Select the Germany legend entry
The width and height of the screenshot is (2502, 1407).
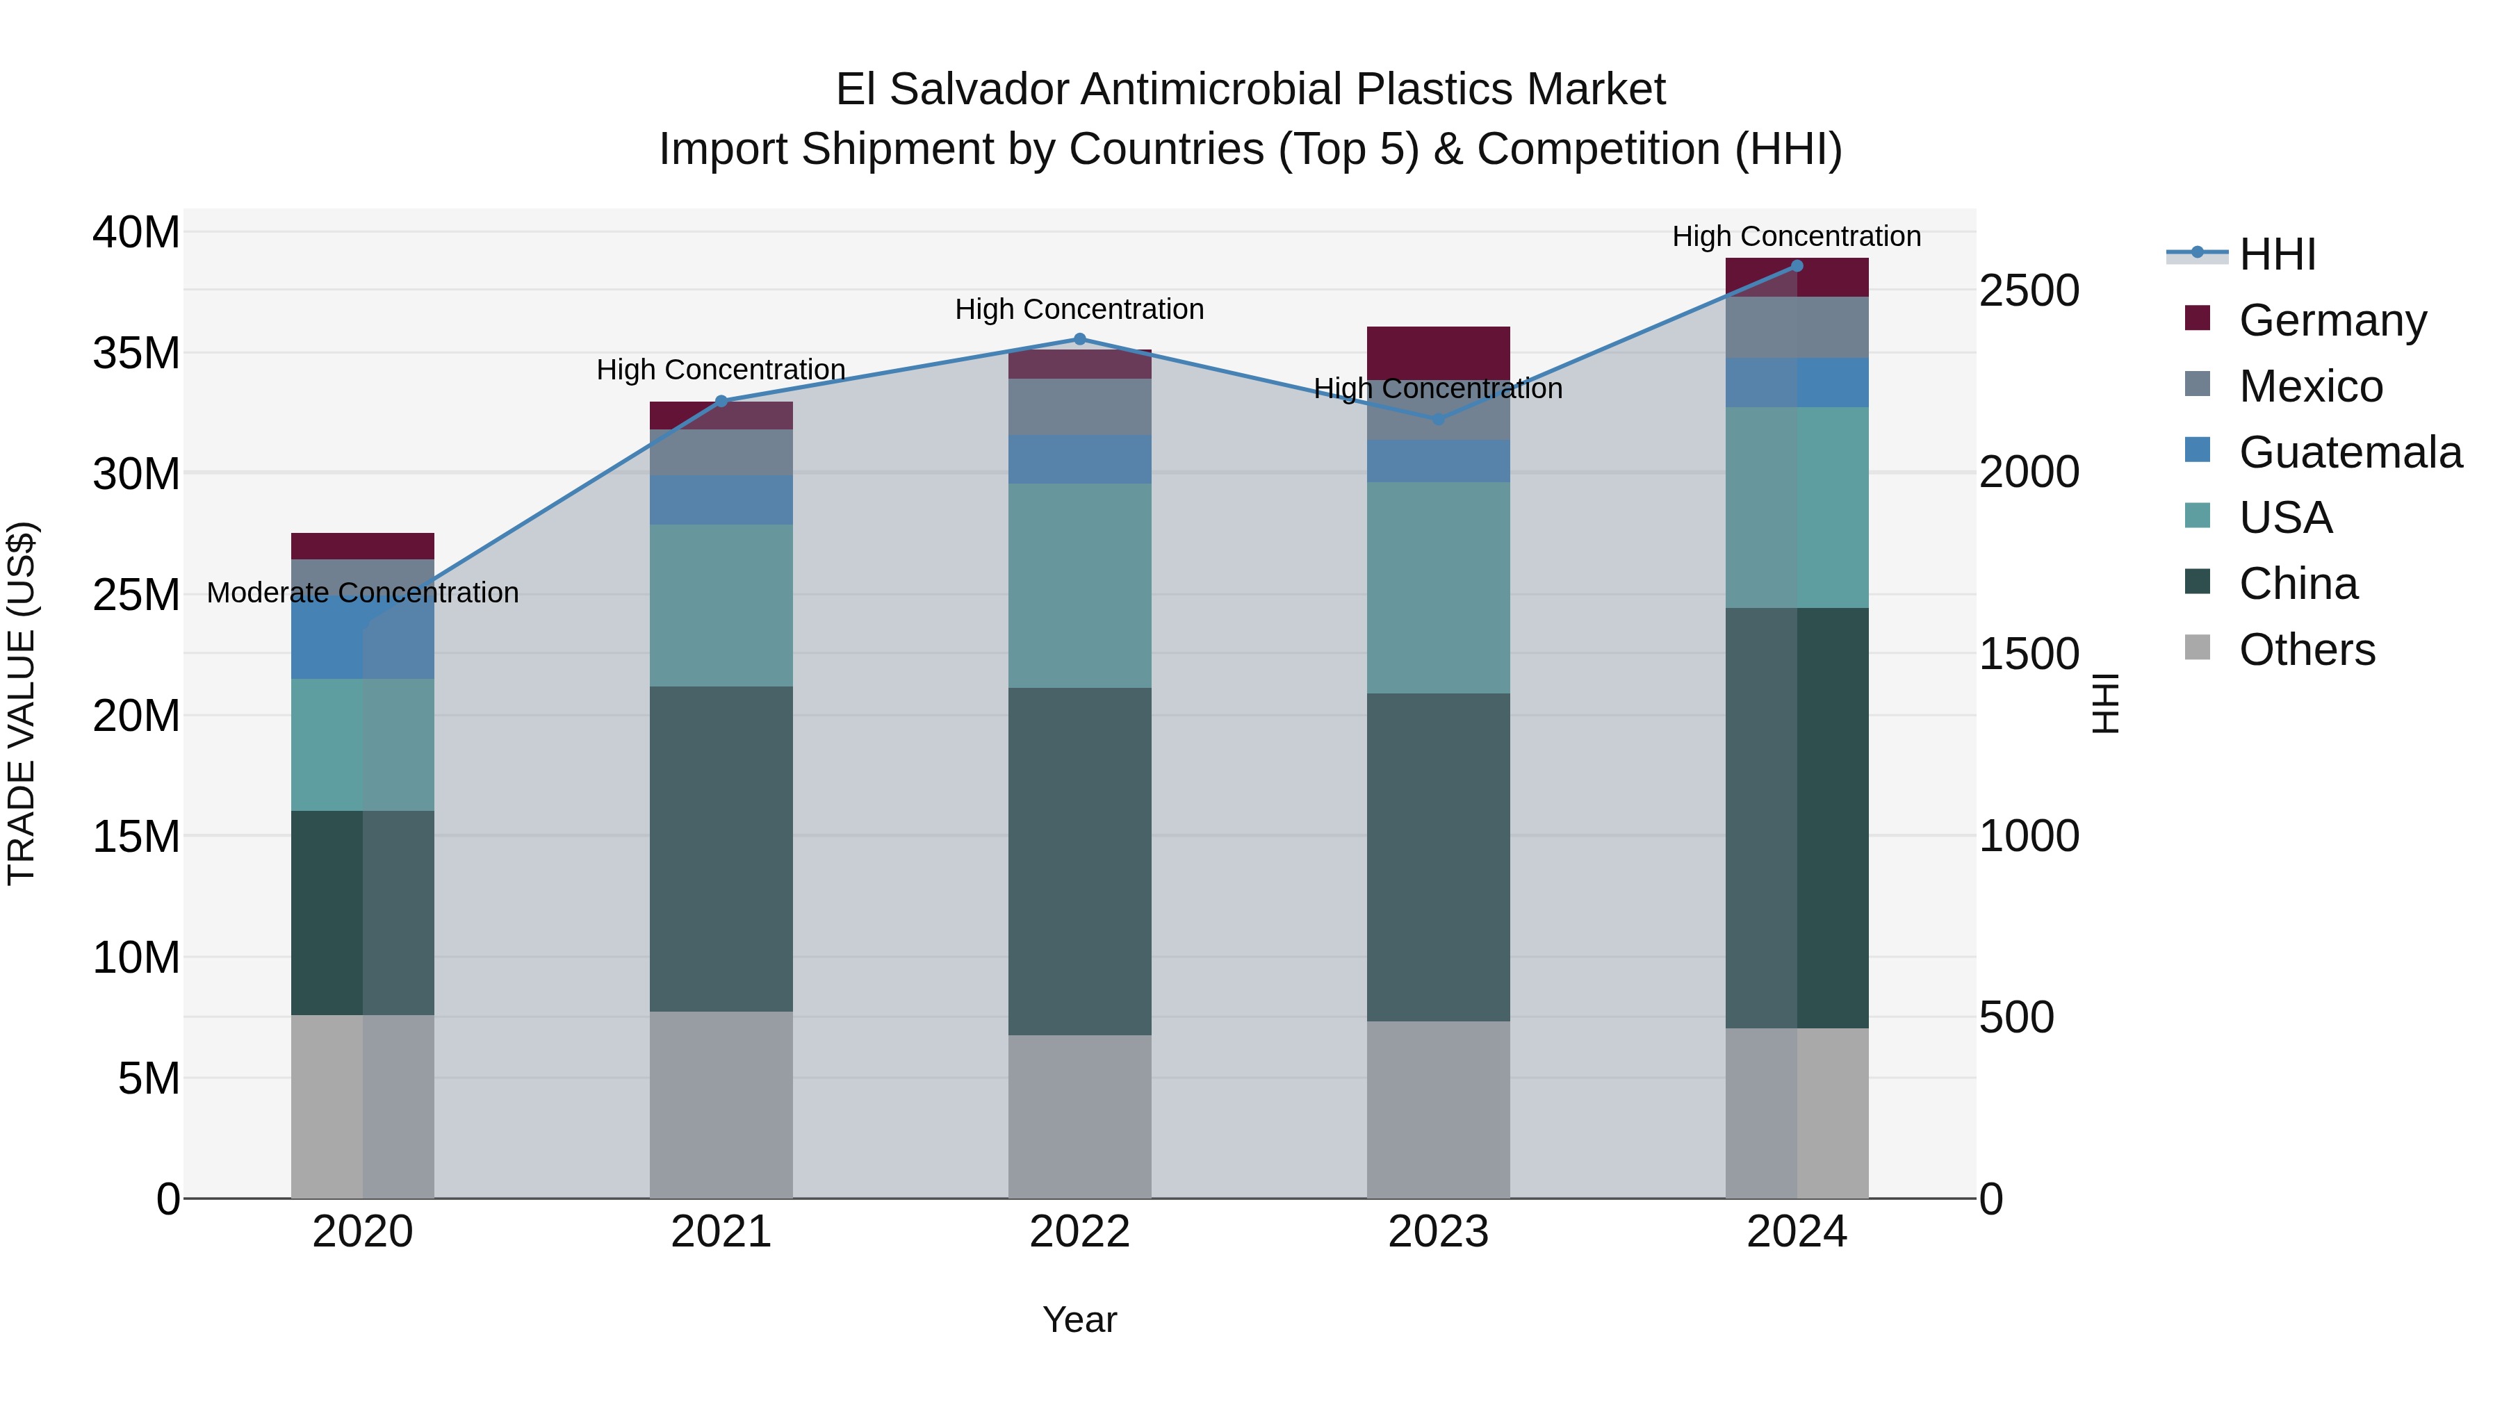click(x=2332, y=320)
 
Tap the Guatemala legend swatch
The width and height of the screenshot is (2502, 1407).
click(x=2197, y=450)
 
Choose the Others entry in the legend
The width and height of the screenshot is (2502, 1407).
click(x=2307, y=649)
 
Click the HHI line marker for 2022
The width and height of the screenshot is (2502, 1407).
click(x=1079, y=339)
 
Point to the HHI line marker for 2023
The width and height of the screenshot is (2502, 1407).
click(x=1439, y=418)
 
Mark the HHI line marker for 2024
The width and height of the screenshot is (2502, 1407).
click(x=1797, y=265)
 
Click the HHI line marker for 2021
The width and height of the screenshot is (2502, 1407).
click(x=721, y=400)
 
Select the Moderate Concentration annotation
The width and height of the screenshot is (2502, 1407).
click(x=362, y=592)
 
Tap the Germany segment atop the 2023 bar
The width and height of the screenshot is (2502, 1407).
click(x=1439, y=352)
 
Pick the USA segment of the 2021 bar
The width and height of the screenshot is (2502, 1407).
click(x=721, y=605)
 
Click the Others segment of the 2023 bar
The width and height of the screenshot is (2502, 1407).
click(x=1439, y=1109)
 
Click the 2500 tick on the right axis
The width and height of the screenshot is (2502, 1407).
click(x=2029, y=290)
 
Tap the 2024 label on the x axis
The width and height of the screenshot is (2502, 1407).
click(x=1797, y=1232)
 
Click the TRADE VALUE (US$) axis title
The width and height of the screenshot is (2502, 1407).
click(x=22, y=703)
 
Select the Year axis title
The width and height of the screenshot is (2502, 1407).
click(x=1079, y=1319)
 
